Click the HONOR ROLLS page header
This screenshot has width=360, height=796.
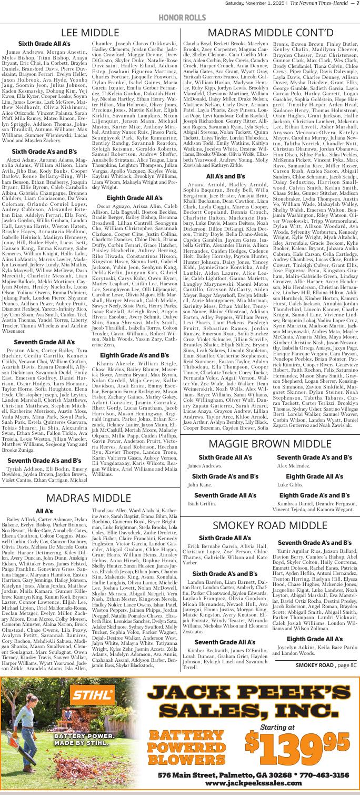pos(179,17)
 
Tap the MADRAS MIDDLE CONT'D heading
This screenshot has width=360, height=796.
pos(270,32)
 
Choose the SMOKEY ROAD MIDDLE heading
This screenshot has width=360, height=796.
pos(269,537)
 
